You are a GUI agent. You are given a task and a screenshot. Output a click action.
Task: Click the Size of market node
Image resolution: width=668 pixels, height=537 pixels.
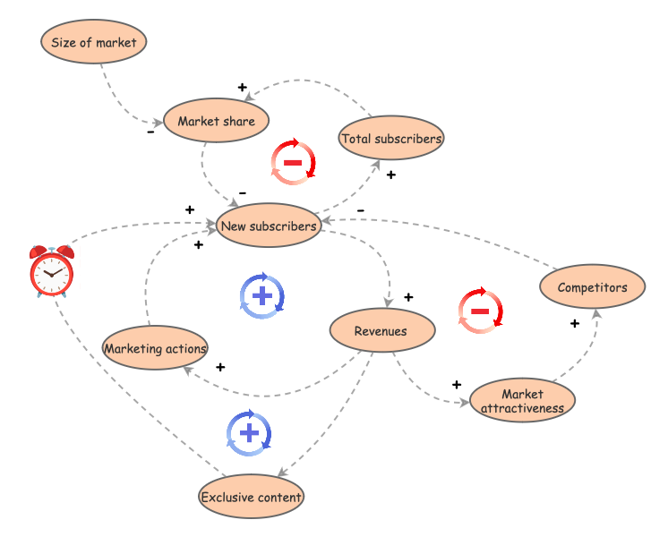click(94, 42)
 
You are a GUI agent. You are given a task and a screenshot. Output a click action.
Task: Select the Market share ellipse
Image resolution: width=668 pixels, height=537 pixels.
click(216, 122)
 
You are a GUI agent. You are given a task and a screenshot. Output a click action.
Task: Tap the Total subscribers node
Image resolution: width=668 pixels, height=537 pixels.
click(391, 139)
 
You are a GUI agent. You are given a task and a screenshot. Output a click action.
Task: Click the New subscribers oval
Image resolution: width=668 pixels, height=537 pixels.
click(269, 226)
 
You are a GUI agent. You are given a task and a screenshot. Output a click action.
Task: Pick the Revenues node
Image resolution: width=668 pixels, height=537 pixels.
click(382, 331)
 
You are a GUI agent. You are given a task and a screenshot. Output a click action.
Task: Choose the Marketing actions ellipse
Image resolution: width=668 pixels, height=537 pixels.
click(155, 349)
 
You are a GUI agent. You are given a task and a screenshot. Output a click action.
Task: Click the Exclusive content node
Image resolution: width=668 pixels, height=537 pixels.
click(251, 497)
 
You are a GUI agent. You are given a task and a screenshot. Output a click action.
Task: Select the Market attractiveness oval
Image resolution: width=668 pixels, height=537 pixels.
click(522, 401)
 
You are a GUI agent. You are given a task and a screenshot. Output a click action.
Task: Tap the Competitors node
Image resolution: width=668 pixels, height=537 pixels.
click(592, 287)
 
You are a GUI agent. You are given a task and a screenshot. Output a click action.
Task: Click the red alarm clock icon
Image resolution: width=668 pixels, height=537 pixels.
click(51, 270)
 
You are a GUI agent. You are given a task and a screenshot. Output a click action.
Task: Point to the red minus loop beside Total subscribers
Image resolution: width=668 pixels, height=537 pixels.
click(293, 163)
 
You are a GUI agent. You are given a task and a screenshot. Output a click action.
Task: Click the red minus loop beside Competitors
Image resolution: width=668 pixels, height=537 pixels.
click(480, 311)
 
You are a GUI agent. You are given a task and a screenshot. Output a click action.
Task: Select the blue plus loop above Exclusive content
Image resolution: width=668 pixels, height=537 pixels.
click(250, 434)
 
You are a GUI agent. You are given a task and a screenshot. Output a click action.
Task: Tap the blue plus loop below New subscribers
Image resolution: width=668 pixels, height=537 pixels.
click(262, 295)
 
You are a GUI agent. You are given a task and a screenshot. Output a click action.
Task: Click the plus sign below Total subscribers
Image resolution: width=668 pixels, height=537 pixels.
click(390, 175)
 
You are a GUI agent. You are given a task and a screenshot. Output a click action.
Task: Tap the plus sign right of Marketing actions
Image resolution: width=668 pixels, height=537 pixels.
click(220, 367)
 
